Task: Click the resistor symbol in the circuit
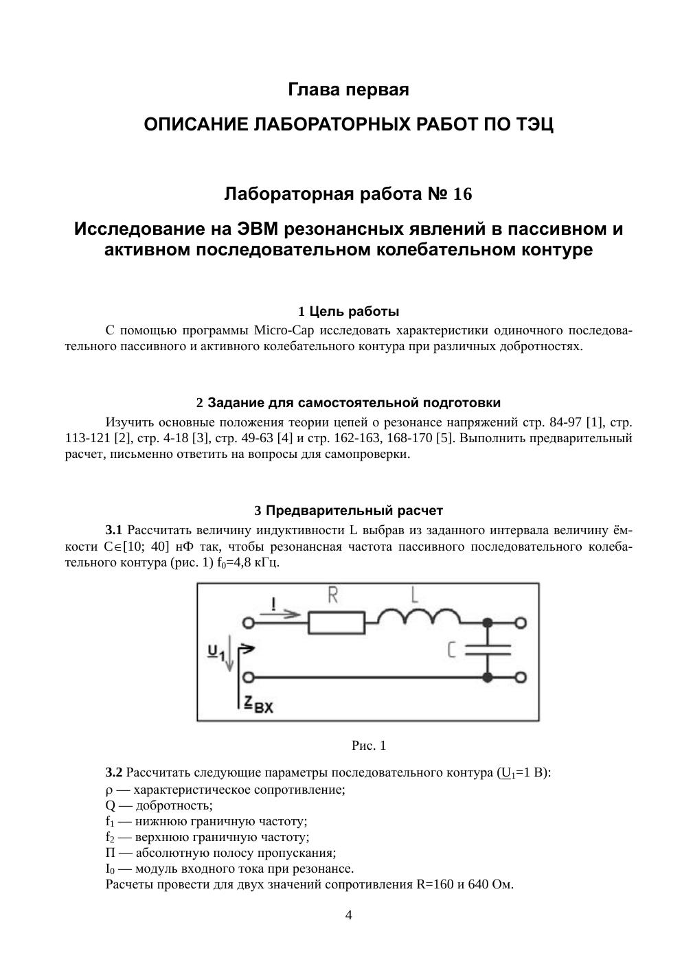click(x=336, y=623)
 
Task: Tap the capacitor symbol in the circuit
click(x=487, y=650)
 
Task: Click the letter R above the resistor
click(x=333, y=595)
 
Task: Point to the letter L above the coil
click(x=414, y=593)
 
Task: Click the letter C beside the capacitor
click(x=451, y=650)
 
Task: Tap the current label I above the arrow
click(x=275, y=604)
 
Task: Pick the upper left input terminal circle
click(x=249, y=623)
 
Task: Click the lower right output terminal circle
click(x=521, y=678)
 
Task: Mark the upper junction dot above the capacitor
click(x=487, y=623)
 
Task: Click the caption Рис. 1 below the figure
click(x=369, y=745)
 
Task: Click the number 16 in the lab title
click(x=463, y=195)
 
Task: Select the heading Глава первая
click(x=348, y=90)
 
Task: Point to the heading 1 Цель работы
click(x=348, y=312)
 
